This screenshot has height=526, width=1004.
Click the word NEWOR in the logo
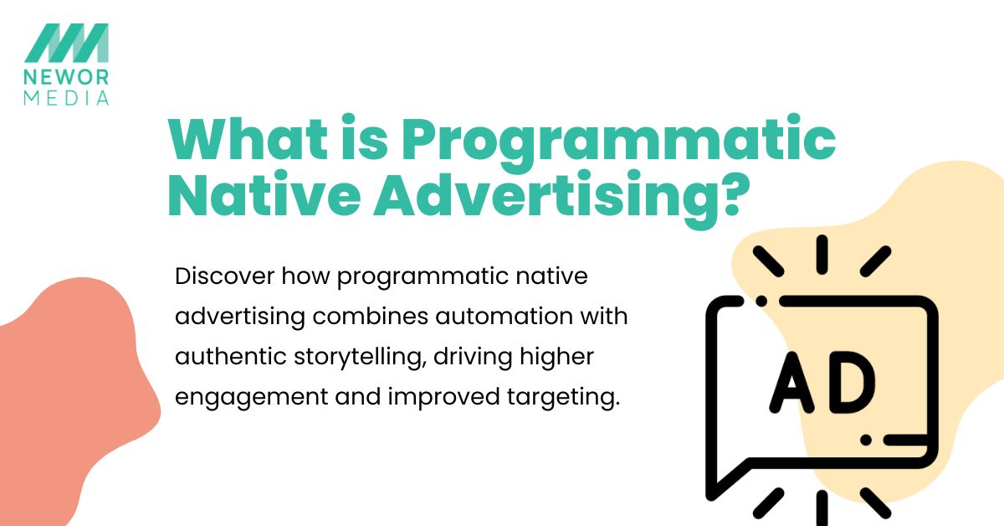pyautogui.click(x=66, y=77)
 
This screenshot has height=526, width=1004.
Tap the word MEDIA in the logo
pyautogui.click(x=66, y=98)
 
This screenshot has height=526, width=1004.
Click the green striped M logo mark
pyautogui.click(x=66, y=43)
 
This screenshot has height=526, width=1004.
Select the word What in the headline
pyautogui.click(x=248, y=138)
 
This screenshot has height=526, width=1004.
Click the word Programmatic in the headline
pyautogui.click(x=618, y=143)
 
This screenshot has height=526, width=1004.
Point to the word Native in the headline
pyautogui.click(x=264, y=195)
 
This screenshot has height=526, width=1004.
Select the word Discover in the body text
pyautogui.click(x=224, y=276)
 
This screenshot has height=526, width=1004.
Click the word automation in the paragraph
pyautogui.click(x=504, y=316)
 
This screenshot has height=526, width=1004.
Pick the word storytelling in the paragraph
pyautogui.click(x=359, y=358)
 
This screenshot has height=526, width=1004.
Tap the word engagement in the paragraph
pyautogui.click(x=252, y=398)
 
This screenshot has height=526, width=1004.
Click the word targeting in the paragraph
pyautogui.click(x=563, y=398)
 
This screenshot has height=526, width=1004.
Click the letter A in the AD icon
pyautogui.click(x=791, y=383)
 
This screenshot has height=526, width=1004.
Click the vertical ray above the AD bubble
pyautogui.click(x=822, y=255)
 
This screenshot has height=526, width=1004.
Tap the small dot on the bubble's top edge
pyautogui.click(x=761, y=301)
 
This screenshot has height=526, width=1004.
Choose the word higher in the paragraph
pyautogui.click(x=556, y=358)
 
